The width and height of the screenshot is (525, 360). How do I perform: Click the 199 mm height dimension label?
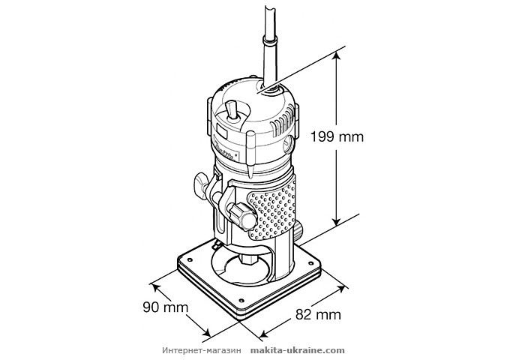pos(336,136)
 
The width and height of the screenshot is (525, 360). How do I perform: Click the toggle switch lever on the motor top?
pos(232,115)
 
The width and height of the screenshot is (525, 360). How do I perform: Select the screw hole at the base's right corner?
pos(313,262)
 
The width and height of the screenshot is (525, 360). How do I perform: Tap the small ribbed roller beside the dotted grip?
pos(298,229)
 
